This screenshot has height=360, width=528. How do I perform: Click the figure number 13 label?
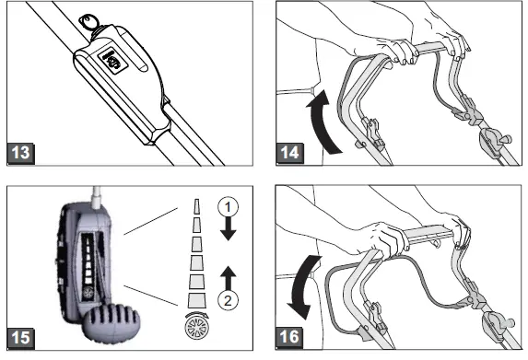[x=21, y=154]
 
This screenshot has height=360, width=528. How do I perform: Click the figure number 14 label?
[x=289, y=153]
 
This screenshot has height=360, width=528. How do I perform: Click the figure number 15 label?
[x=20, y=338]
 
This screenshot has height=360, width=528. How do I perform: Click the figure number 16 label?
[x=289, y=337]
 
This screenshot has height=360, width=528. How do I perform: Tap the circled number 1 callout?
[x=228, y=207]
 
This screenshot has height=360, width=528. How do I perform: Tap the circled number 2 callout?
[x=228, y=300]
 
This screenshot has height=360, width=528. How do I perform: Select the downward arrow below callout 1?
[x=228, y=228]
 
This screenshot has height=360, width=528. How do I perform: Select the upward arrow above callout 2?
[x=228, y=278]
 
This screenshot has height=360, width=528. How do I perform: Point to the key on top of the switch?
[x=88, y=22]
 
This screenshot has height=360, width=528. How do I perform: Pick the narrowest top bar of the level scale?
[x=196, y=206]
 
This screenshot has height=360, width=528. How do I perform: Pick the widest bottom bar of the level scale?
[x=196, y=300]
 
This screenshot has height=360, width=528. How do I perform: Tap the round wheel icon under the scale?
[x=196, y=328]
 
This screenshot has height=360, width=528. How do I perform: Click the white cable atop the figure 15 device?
[x=97, y=198]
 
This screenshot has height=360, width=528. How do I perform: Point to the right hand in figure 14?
[x=455, y=41]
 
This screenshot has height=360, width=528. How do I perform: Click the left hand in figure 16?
[x=387, y=238]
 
